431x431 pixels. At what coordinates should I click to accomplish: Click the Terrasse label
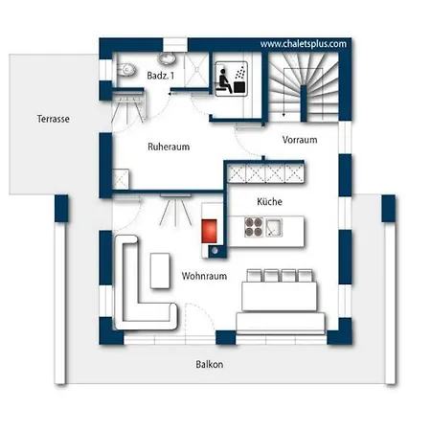(x=54, y=119)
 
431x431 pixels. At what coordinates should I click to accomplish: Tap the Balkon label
(x=210, y=364)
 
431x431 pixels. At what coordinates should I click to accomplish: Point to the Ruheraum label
(x=169, y=147)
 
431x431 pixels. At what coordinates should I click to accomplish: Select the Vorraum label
(x=300, y=140)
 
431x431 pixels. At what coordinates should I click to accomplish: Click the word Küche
(x=269, y=201)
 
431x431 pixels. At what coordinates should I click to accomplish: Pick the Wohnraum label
(x=204, y=276)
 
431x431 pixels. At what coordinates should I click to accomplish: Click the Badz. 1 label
(x=161, y=76)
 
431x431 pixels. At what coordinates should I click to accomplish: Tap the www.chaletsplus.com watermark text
(x=304, y=44)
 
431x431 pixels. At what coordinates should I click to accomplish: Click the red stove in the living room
(x=209, y=231)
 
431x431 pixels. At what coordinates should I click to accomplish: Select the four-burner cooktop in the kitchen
(x=254, y=227)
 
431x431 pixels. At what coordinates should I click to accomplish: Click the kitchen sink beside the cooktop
(x=274, y=227)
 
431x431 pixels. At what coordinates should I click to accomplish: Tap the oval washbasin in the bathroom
(x=166, y=58)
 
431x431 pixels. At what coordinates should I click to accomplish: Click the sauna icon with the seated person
(x=232, y=79)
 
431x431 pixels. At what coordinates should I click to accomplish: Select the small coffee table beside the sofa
(x=160, y=271)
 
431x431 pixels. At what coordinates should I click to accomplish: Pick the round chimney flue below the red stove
(x=215, y=251)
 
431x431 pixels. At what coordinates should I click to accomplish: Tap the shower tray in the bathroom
(x=197, y=69)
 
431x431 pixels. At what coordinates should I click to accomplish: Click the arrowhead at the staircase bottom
(x=284, y=114)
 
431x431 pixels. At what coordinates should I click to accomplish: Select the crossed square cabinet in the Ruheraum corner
(x=121, y=179)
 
